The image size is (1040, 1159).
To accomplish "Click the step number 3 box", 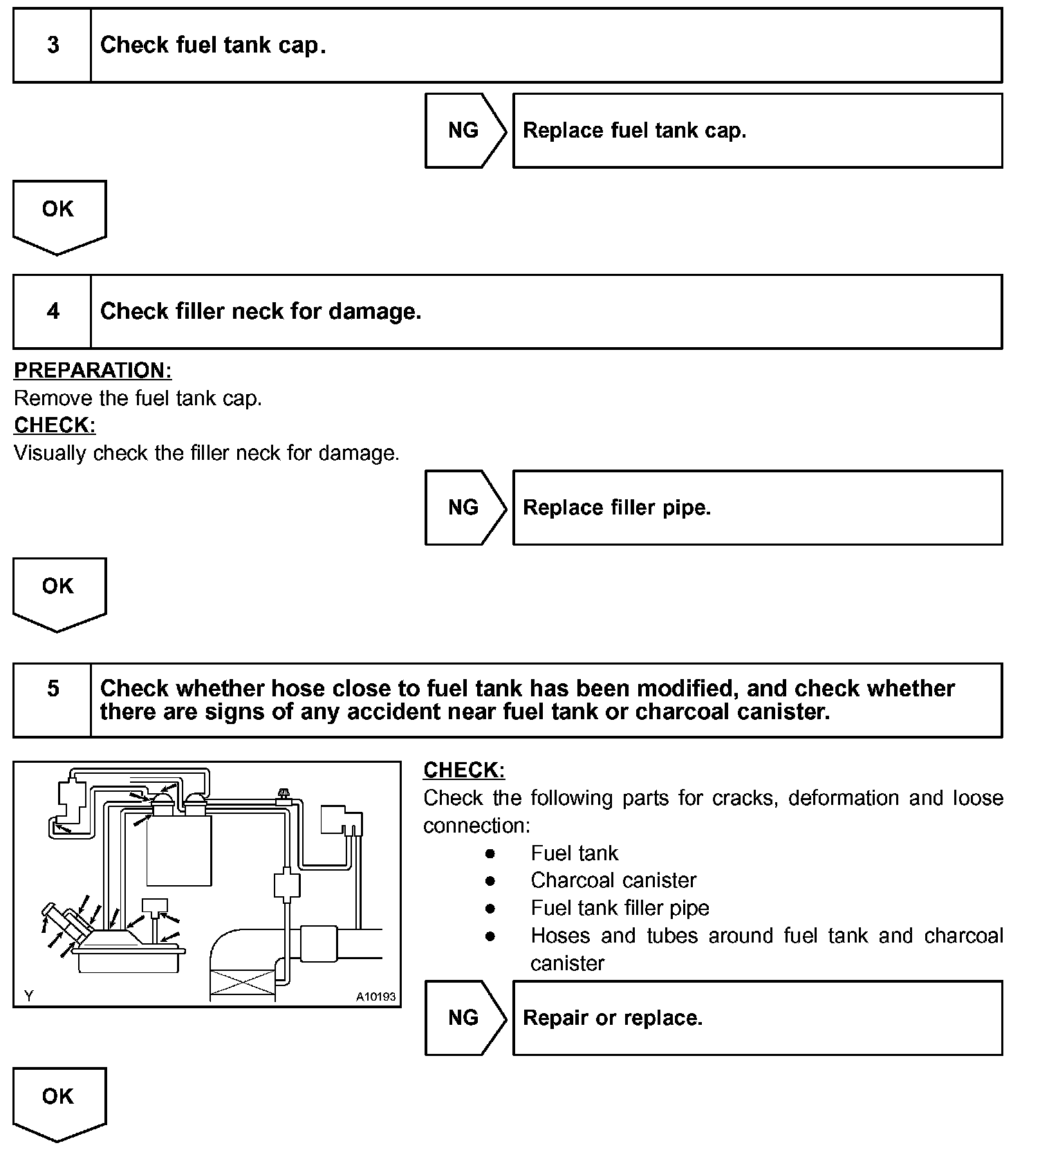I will pyautogui.click(x=53, y=46).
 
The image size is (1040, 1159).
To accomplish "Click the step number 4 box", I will pyautogui.click(x=53, y=312).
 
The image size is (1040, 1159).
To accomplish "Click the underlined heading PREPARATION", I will pyautogui.click(x=93, y=371).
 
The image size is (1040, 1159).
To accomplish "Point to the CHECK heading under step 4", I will pyautogui.click(x=55, y=425).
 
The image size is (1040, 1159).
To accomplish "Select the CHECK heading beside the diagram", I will pyautogui.click(x=464, y=770).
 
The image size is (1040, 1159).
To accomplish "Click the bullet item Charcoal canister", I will pyautogui.click(x=613, y=880).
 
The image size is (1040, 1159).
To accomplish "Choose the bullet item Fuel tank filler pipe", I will pyautogui.click(x=620, y=908).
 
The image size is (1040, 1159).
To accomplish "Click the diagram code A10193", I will pyautogui.click(x=375, y=996).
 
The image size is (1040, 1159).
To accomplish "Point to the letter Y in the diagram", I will pyautogui.click(x=28, y=996).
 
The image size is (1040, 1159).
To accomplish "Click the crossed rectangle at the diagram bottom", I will pyautogui.click(x=242, y=983).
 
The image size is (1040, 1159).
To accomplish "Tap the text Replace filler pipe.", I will pyautogui.click(x=617, y=508).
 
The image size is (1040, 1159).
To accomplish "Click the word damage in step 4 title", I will pyautogui.click(x=374, y=312).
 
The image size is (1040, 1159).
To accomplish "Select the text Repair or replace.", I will pyautogui.click(x=613, y=1018).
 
